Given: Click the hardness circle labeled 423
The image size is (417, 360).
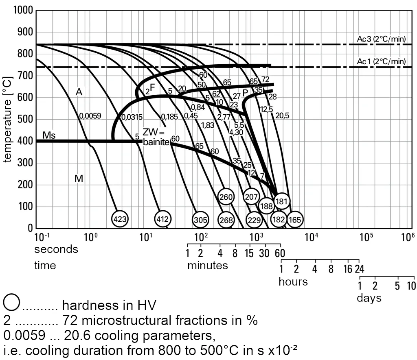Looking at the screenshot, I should [x=120, y=219].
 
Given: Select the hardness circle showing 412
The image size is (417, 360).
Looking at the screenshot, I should [x=163, y=219].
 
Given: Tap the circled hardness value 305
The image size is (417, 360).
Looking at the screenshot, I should [x=200, y=220].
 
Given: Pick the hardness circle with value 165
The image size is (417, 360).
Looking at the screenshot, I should [x=295, y=220].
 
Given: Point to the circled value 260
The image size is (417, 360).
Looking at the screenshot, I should [x=226, y=197].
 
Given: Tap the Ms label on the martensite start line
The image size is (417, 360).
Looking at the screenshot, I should [x=49, y=135].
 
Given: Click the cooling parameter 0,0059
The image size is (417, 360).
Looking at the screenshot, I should [x=90, y=116].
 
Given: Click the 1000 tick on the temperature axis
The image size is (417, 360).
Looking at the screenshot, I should [x=23, y=10].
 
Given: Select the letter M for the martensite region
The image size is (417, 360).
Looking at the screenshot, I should [x=79, y=178].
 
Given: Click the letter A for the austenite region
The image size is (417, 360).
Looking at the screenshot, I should [x=79, y=92].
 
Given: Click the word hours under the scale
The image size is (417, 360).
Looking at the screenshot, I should [x=293, y=282].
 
